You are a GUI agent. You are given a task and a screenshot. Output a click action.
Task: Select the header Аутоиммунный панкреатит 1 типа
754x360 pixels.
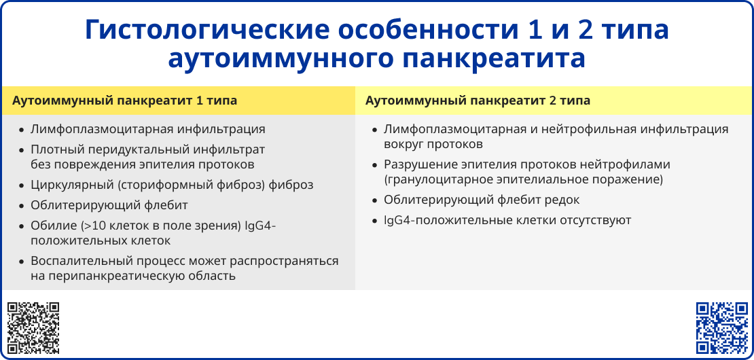point(125,101)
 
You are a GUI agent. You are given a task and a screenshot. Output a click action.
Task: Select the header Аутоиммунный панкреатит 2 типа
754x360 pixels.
point(478,101)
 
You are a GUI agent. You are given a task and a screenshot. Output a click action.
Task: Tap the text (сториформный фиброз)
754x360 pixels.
point(190,185)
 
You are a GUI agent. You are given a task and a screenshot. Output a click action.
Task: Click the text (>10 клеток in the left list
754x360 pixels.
point(111,226)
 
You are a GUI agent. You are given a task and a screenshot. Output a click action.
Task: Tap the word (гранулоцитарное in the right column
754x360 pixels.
point(431,179)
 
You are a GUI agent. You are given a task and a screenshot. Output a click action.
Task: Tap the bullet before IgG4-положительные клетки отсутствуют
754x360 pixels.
point(374,221)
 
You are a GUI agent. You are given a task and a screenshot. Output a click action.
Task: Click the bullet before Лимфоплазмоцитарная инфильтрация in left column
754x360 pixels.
point(22,130)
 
